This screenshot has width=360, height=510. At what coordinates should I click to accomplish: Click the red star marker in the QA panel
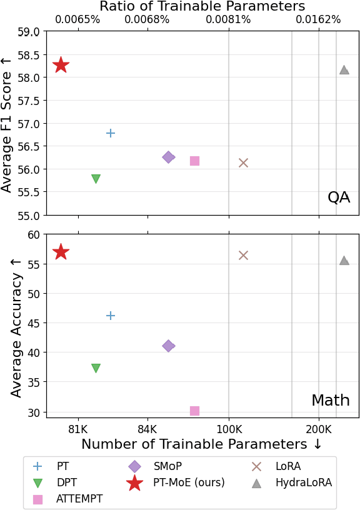point(61,65)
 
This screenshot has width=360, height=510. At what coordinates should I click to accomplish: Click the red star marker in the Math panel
point(61,252)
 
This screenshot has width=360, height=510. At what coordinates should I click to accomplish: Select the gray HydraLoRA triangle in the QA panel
point(344,70)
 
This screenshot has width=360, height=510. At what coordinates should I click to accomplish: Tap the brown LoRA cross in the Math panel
point(243,255)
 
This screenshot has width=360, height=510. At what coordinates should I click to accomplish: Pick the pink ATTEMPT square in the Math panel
point(194,411)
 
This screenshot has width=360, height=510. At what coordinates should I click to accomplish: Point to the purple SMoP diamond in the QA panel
point(169,157)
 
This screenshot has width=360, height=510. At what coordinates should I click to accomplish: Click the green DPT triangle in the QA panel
point(96,179)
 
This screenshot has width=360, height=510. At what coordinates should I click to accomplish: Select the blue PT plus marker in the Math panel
point(111,316)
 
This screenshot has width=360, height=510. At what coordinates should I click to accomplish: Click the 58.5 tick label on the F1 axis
point(27,55)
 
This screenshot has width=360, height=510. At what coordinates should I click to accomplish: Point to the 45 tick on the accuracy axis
point(33,323)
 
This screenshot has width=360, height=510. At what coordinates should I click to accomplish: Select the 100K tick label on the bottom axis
point(229,429)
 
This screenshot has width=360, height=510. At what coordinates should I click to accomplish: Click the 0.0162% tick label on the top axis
point(318,19)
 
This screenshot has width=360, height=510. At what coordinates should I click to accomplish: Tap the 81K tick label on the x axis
point(78,429)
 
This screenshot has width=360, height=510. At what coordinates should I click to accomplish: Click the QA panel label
point(338,197)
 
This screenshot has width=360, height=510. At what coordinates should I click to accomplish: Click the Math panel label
point(331,401)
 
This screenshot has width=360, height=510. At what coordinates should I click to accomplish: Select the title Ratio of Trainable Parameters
point(202,6)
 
